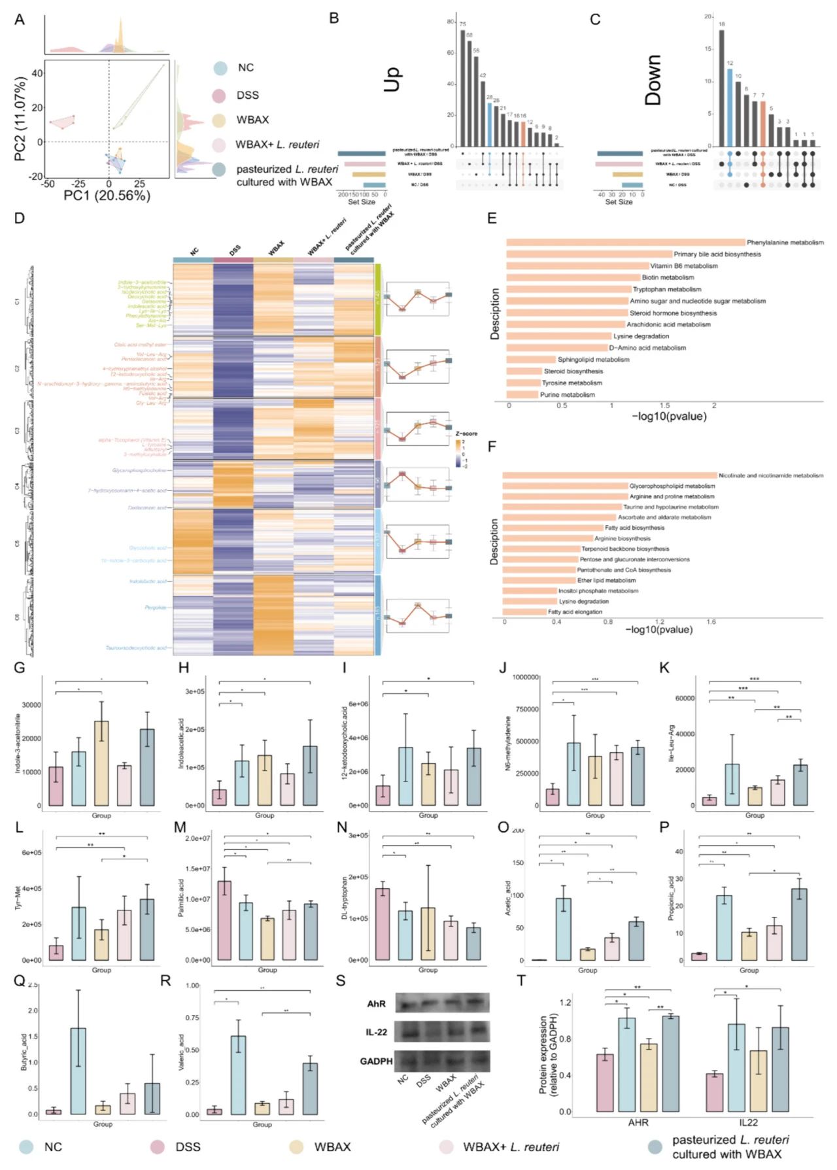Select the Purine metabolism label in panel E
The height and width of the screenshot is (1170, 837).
click(x=568, y=394)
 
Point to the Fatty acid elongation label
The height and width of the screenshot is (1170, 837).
click(x=575, y=611)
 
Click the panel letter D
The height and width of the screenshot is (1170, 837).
click(x=19, y=218)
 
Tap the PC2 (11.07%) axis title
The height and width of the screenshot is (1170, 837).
click(x=20, y=119)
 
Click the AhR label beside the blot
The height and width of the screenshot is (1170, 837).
click(x=376, y=1004)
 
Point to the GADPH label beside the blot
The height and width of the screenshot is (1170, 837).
click(x=376, y=1061)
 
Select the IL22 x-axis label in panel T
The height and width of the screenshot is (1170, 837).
click(x=748, y=1122)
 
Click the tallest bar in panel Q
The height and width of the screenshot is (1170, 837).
click(x=78, y=1071)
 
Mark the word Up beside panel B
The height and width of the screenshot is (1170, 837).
click(x=392, y=80)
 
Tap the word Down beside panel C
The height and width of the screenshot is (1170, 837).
click(x=653, y=80)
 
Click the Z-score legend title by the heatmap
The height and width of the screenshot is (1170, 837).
click(x=466, y=434)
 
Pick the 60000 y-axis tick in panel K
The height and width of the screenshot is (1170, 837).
click(x=685, y=698)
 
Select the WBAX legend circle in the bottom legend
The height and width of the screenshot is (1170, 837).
click(x=297, y=1147)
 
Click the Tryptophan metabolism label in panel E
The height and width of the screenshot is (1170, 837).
click(x=666, y=289)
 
